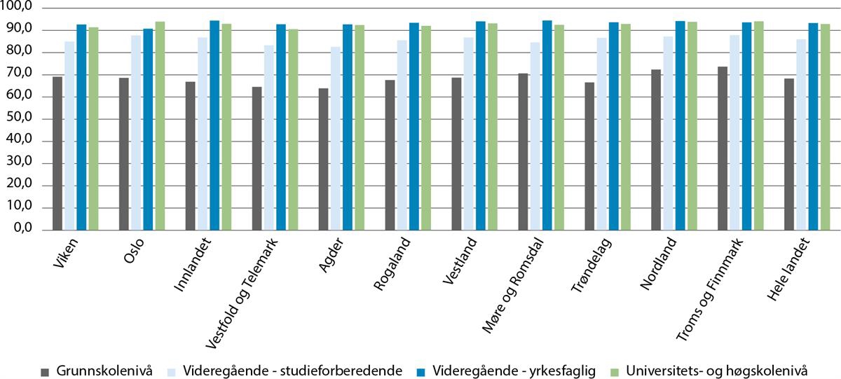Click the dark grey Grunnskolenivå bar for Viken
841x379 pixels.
(57, 153)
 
